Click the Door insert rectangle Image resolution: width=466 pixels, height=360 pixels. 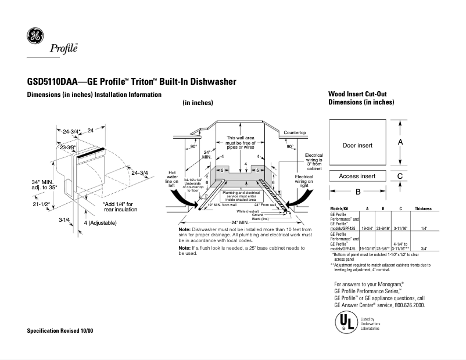tap(357, 145)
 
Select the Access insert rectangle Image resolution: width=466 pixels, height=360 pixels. tap(357, 176)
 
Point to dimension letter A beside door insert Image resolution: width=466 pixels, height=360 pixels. tap(401, 142)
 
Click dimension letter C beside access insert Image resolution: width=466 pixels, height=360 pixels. tap(401, 176)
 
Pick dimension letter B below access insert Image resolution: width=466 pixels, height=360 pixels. tap(358, 192)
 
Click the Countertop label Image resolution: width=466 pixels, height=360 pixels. tap(295, 133)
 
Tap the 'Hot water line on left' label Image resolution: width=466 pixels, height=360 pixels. tap(172, 179)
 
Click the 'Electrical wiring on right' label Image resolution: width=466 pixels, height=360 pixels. tap(304, 182)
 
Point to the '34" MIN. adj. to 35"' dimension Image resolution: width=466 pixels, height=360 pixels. tap(44, 185)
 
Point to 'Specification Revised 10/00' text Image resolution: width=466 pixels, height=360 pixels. tap(60, 330)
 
